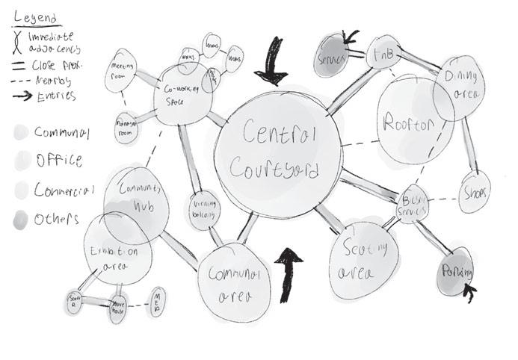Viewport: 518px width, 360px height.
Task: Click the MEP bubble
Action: click(x=158, y=302)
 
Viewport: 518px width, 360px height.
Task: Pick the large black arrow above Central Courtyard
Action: click(x=271, y=69)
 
